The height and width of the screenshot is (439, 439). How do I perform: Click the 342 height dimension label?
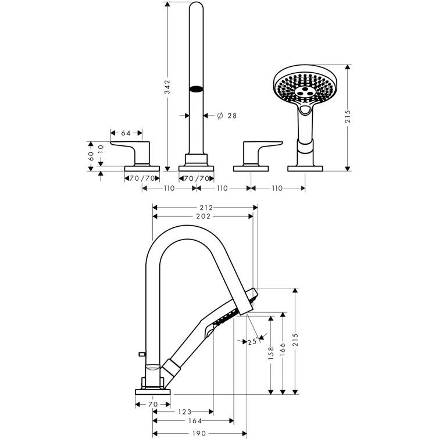point(167,87)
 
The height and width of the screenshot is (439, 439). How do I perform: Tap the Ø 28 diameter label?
point(227,116)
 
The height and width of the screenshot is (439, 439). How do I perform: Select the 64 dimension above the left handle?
point(126,133)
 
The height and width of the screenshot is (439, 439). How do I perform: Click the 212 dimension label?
point(205,207)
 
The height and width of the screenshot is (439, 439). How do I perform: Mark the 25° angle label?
point(252,342)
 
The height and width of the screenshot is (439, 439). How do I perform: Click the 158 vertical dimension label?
point(271,354)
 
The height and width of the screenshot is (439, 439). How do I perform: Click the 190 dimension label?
point(200,432)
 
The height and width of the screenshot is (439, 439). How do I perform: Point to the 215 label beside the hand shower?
point(347,117)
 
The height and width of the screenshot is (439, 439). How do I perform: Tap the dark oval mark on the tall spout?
point(197,90)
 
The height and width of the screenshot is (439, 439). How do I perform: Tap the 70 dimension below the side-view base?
point(153,403)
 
